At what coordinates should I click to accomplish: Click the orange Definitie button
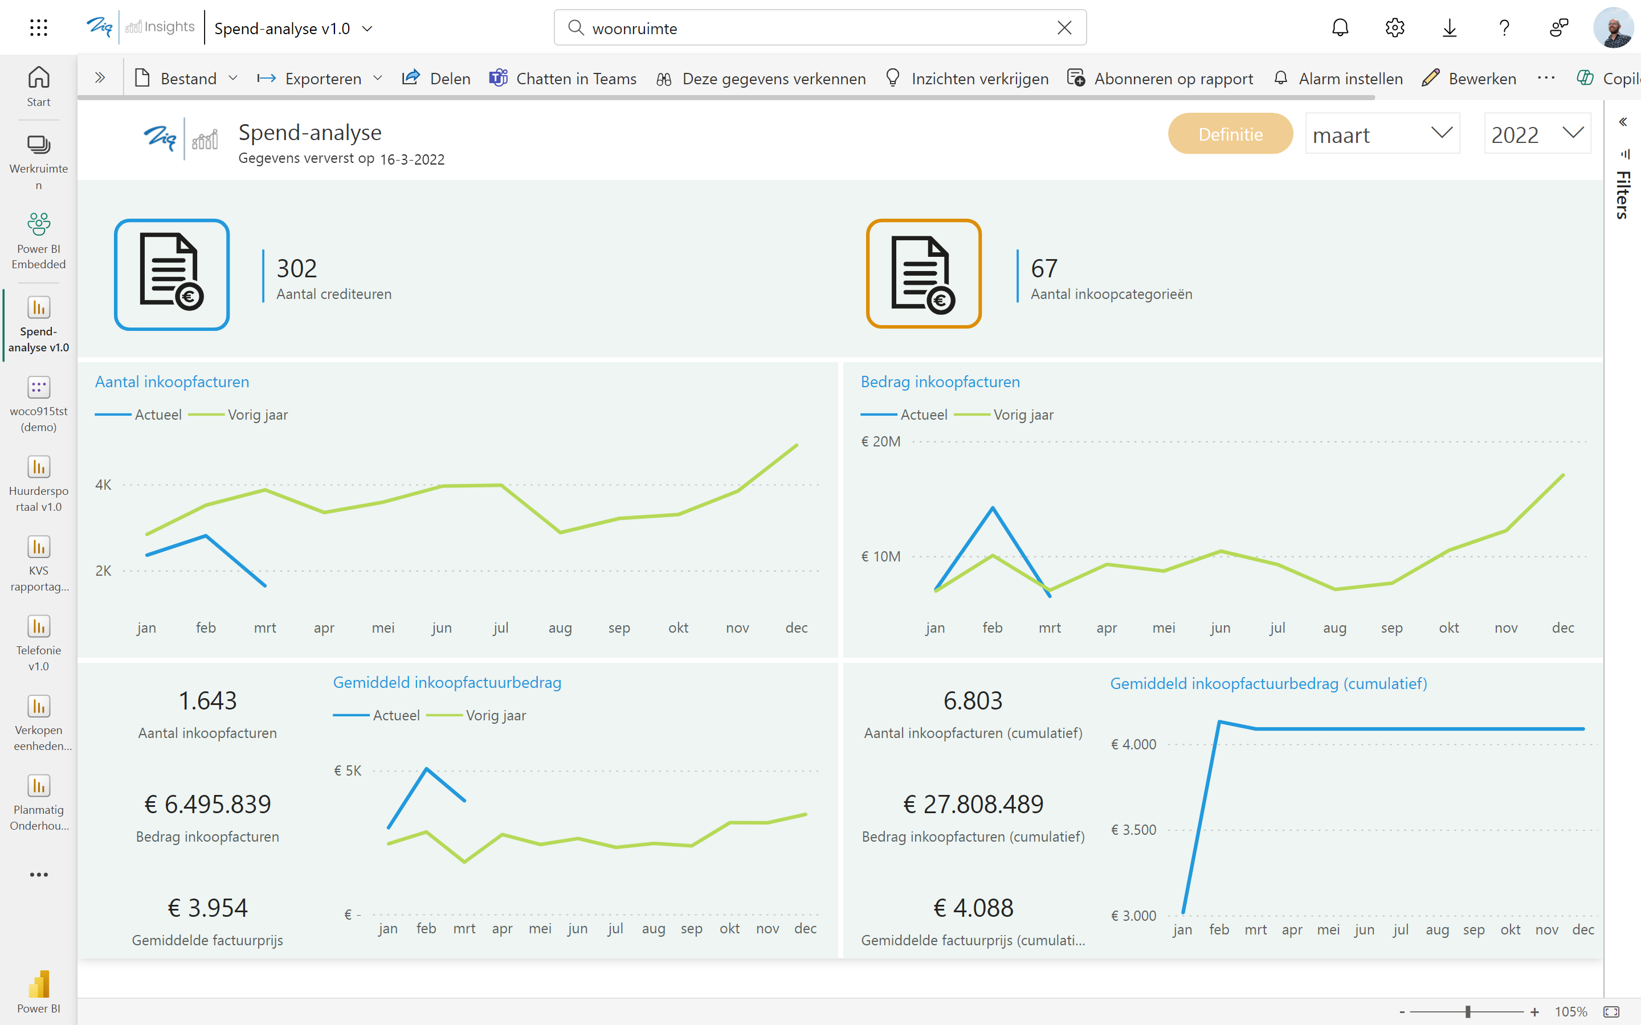coord(1230,134)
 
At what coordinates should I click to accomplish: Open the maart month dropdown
coord(1382,134)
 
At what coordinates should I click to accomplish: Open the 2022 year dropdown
coord(1537,134)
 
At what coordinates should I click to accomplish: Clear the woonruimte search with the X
coord(1064,28)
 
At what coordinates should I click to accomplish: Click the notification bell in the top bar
coord(1340,28)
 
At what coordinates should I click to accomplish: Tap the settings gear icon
coord(1394,28)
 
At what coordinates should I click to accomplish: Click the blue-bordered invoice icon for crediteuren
coord(172,274)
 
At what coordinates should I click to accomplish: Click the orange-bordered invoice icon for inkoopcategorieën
coord(924,274)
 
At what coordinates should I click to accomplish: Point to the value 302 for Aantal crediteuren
coord(297,268)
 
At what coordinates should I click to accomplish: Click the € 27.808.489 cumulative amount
coord(973,804)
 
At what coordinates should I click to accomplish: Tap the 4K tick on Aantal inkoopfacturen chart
coord(103,485)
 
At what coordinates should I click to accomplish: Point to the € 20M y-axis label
coord(881,441)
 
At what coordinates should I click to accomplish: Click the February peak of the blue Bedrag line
coord(992,508)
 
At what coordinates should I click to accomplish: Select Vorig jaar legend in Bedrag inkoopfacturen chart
coord(1023,415)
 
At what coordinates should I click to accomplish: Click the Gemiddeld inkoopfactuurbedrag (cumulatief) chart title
coord(1268,683)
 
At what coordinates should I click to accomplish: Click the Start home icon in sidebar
coord(39,85)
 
